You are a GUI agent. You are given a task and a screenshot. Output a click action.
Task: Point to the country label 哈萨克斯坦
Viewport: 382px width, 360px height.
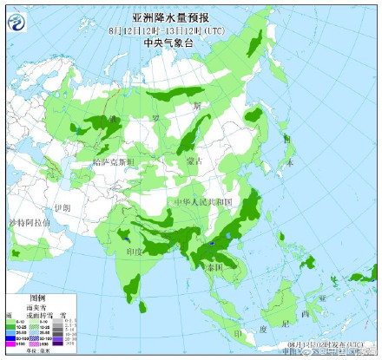point(114,161)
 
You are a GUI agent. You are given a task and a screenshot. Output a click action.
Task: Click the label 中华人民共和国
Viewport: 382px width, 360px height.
point(201,201)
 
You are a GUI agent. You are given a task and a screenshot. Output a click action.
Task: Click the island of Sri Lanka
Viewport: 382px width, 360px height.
point(143,304)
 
